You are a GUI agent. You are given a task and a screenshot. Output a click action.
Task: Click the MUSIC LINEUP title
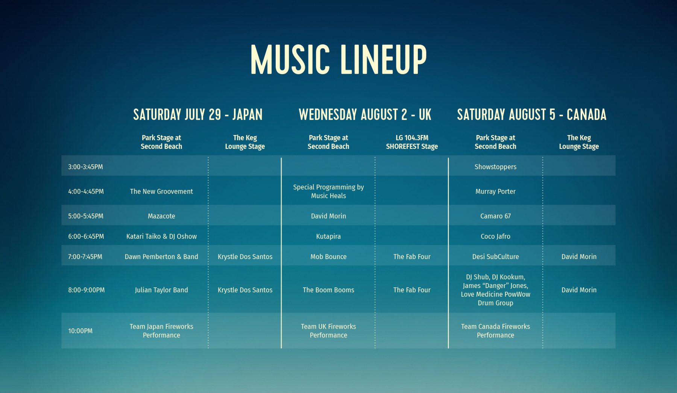[x=338, y=59]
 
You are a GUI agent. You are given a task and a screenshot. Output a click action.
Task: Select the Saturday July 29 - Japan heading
[x=198, y=114]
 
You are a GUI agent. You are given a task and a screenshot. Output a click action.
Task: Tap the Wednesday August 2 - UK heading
[x=365, y=114]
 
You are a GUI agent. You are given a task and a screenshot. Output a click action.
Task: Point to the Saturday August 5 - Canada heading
[x=531, y=114]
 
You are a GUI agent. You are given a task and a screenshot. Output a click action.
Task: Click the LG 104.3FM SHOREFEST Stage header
[x=412, y=142]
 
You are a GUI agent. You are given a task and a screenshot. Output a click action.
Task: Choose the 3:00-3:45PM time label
[x=85, y=167]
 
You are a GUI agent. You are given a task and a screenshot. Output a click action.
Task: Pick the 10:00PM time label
[x=80, y=331]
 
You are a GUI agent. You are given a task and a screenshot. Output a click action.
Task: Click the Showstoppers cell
[x=495, y=167]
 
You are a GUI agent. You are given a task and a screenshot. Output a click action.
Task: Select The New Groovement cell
[x=161, y=191]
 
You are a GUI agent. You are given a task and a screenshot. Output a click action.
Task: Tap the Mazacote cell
[x=161, y=216]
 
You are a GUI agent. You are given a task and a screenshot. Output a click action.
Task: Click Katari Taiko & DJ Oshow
[x=161, y=237]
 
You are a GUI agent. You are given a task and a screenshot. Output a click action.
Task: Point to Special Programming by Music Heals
[x=328, y=191]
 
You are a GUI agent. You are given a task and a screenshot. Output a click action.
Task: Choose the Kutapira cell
[x=328, y=237]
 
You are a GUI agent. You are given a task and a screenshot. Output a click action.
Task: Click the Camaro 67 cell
[x=495, y=216]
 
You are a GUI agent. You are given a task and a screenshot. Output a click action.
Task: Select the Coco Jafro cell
[x=495, y=237]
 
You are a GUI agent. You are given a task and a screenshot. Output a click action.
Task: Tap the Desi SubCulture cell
[x=495, y=257]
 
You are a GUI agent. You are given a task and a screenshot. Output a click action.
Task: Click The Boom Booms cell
[x=328, y=290]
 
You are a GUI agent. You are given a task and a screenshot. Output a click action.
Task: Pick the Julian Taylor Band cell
[x=161, y=290]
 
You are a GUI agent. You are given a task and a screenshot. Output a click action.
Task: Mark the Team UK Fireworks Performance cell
[x=328, y=331]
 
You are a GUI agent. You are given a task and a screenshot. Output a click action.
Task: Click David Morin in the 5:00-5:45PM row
[x=328, y=216]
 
